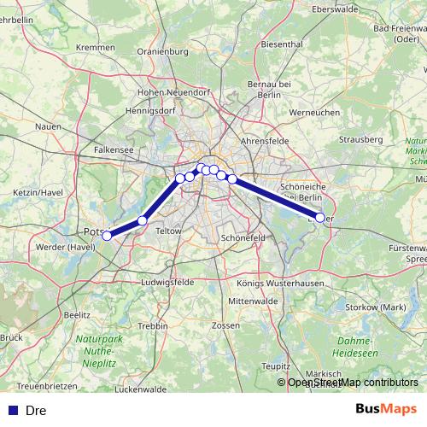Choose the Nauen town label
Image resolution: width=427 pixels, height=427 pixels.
[50, 126]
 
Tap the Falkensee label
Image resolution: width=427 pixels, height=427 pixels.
[114, 149]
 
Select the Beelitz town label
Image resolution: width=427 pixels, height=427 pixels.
[77, 314]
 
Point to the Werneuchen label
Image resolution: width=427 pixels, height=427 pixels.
[315, 113]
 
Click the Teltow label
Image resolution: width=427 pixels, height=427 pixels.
[170, 231]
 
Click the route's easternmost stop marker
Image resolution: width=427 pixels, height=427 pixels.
[320, 218]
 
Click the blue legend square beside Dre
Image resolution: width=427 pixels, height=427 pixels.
[13, 411]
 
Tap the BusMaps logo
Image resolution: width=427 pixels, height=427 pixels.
[387, 410]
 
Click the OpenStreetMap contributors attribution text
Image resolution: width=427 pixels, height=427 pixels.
[353, 383]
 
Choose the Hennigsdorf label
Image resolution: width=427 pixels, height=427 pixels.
[151, 111]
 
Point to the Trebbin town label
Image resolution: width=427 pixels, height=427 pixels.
[153, 326]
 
